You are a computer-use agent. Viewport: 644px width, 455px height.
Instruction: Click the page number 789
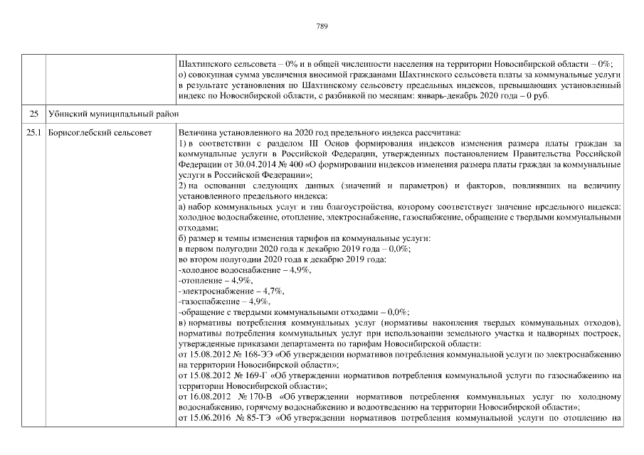[x=322, y=26]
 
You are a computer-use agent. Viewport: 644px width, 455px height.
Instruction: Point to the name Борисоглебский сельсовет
[x=99, y=133]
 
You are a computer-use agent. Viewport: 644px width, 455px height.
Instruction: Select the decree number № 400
[x=278, y=164]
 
